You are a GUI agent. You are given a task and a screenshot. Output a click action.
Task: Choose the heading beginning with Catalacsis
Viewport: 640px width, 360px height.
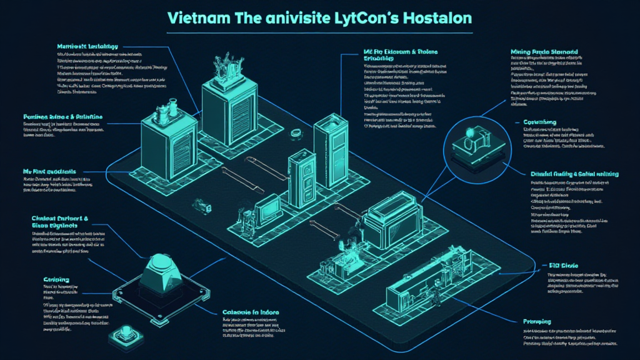tap(251, 312)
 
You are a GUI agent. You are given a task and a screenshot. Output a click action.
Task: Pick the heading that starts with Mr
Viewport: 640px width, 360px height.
tap(53, 170)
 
